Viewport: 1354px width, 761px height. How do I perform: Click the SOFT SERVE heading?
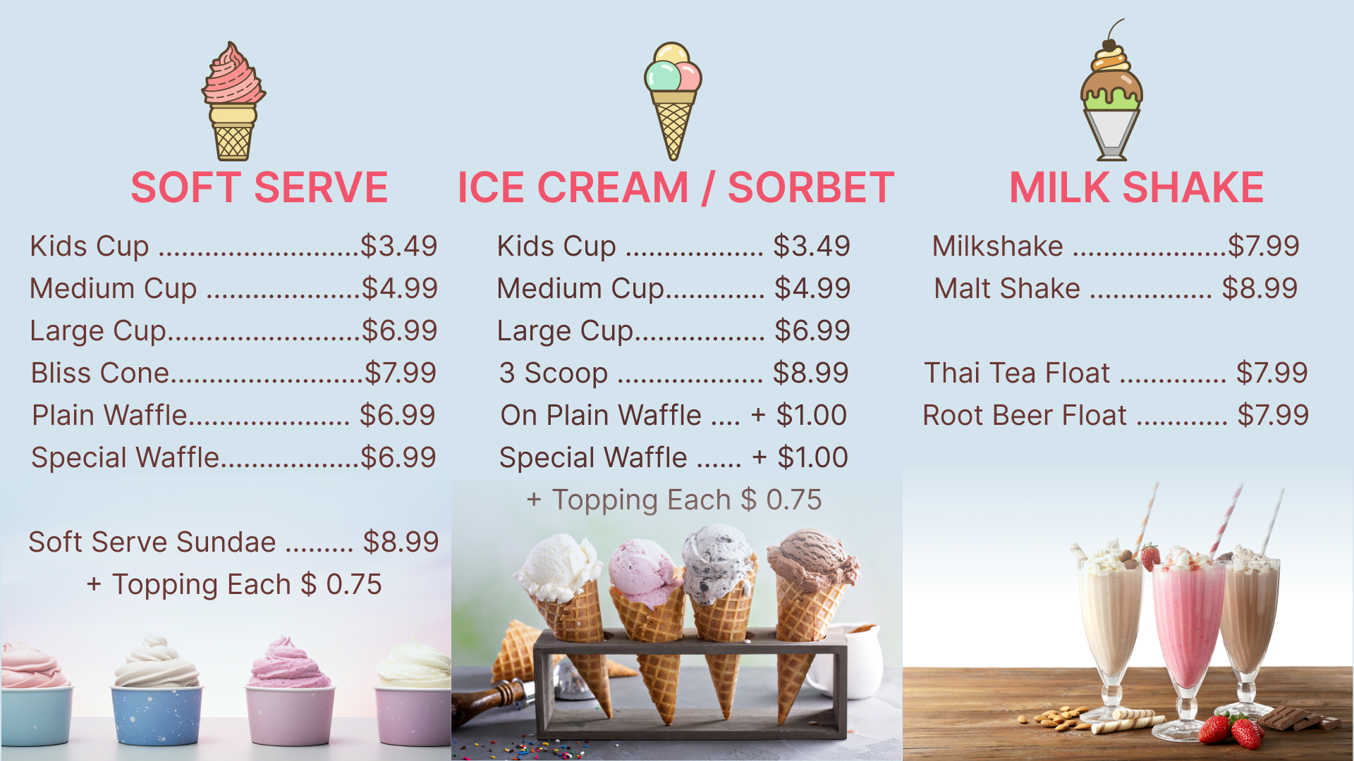tap(259, 187)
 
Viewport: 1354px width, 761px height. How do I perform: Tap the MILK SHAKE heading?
tap(1136, 187)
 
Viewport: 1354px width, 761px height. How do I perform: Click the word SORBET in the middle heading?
tap(811, 187)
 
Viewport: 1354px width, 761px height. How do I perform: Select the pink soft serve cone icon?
tap(233, 101)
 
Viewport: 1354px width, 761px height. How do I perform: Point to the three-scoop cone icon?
tap(673, 101)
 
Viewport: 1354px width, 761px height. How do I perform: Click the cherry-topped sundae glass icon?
tap(1111, 90)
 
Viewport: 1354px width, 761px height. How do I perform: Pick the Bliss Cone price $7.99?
tap(401, 373)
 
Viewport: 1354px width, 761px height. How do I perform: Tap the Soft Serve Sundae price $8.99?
tap(401, 542)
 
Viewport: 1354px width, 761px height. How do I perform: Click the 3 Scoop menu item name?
tap(554, 373)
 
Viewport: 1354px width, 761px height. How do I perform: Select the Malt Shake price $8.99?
tap(1260, 288)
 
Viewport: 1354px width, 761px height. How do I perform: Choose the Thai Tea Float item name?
tap(1017, 373)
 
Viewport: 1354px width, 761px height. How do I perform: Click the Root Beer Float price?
tap(1273, 415)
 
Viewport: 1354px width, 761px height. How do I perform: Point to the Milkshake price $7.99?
tap(1264, 246)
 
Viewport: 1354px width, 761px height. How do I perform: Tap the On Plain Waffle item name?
tap(601, 415)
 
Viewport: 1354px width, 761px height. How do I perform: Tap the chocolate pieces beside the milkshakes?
tap(1298, 719)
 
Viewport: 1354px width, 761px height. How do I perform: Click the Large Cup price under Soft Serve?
tap(400, 330)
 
